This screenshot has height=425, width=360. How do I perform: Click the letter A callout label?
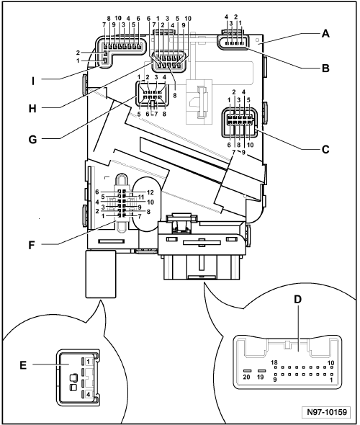point(325,34)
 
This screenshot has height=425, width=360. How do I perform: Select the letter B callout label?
point(325,68)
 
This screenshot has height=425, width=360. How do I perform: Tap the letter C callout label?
point(325,149)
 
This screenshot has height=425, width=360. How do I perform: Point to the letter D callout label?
point(297,300)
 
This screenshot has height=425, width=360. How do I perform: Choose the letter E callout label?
point(23,365)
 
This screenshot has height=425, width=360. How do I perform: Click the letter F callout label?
point(32,246)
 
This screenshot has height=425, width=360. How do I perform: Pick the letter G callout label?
point(32,140)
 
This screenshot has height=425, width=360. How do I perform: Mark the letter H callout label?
point(32,109)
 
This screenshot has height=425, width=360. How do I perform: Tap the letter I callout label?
point(33,81)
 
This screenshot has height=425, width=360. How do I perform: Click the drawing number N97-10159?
point(327,412)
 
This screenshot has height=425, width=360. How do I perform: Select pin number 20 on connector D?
point(246,377)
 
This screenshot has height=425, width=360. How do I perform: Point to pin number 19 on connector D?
point(261,377)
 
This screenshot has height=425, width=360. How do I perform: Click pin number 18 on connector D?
point(274,362)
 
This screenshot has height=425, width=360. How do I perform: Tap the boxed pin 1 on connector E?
point(89,362)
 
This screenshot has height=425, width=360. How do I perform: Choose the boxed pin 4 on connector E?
point(89,395)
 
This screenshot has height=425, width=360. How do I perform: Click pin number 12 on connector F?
point(150,192)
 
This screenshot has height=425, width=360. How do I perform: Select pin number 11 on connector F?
point(141,197)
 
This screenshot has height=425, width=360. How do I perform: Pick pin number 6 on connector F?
point(97,192)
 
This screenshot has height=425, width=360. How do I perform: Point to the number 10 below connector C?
point(251,145)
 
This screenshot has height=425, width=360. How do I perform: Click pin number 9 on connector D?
point(274,380)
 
